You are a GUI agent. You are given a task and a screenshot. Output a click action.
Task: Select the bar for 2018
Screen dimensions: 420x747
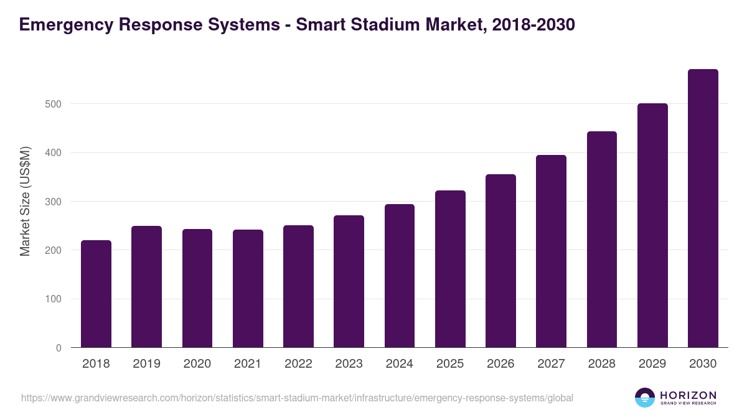coord(96,294)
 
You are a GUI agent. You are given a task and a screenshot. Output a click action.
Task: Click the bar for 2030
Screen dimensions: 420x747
coord(703,208)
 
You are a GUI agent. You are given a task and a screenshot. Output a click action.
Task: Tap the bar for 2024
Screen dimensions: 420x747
coord(400,276)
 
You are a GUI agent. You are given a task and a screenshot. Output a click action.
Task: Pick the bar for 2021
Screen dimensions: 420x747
coord(248,289)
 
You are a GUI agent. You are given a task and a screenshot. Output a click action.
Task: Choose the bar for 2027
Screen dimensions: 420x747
coord(551,251)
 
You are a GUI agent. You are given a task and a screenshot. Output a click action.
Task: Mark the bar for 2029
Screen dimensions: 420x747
coord(652,225)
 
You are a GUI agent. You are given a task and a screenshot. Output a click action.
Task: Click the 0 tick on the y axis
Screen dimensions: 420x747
coord(59,348)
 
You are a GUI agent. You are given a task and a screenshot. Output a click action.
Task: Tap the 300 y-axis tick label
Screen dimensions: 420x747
coord(54,202)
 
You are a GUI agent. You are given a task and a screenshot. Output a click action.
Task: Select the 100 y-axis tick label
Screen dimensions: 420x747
coord(54,299)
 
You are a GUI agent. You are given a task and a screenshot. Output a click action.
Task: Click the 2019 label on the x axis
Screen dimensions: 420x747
coord(146,364)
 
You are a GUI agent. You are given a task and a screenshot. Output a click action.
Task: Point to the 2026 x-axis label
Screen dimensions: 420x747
coord(500,364)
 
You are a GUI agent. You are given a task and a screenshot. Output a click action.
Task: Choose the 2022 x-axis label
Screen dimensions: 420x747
coord(298,364)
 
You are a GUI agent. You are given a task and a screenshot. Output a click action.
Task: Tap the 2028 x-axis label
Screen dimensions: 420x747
coord(602,364)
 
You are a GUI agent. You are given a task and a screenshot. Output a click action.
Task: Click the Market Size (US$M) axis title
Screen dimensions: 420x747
coord(25,201)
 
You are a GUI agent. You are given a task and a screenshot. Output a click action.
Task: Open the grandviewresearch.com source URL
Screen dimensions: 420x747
coord(297,398)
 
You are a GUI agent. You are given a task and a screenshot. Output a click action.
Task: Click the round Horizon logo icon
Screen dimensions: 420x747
coord(645,398)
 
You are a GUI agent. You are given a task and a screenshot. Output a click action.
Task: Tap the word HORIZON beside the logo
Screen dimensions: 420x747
coord(688,395)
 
